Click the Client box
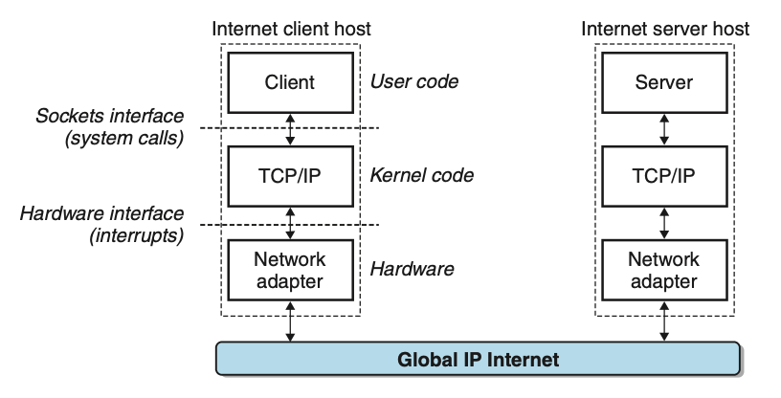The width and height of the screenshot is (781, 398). pyautogui.click(x=290, y=82)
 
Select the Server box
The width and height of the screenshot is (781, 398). pyautogui.click(x=664, y=82)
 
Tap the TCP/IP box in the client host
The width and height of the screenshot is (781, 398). pyautogui.click(x=290, y=176)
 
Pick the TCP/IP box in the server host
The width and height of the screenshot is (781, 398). pyautogui.click(x=664, y=176)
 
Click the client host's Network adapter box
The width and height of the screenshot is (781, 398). pyautogui.click(x=290, y=270)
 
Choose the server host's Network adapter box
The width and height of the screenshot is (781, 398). pyautogui.click(x=664, y=270)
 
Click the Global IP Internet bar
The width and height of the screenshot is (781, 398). pyautogui.click(x=479, y=359)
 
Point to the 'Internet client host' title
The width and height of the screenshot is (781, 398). pyautogui.click(x=291, y=29)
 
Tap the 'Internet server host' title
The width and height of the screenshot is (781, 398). pyautogui.click(x=665, y=29)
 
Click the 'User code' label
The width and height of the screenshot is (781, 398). pyautogui.click(x=413, y=81)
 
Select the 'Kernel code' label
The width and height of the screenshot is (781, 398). pyautogui.click(x=421, y=175)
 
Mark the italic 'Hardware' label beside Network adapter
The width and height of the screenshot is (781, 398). pyautogui.click(x=412, y=269)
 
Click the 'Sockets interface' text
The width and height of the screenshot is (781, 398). pyautogui.click(x=109, y=116)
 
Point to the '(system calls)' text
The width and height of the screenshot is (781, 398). pyautogui.click(x=124, y=138)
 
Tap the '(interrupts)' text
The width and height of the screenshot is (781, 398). pyautogui.click(x=137, y=235)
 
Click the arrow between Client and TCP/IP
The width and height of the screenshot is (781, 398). pyautogui.click(x=290, y=129)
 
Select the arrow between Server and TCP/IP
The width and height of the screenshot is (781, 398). pyautogui.click(x=664, y=129)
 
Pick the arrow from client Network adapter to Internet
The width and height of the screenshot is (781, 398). pyautogui.click(x=290, y=321)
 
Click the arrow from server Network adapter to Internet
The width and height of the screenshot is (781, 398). pyautogui.click(x=664, y=321)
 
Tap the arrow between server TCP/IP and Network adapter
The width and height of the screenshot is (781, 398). pyautogui.click(x=664, y=223)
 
